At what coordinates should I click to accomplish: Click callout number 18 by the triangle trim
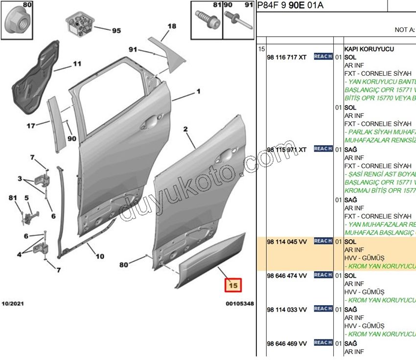(x=171, y=26)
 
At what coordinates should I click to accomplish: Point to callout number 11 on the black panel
(x=77, y=64)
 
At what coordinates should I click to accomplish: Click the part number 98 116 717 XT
(x=287, y=57)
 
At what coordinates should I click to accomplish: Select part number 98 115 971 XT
(x=287, y=149)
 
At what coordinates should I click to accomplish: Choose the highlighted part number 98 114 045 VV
(x=287, y=242)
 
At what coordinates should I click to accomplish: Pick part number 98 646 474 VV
(x=287, y=276)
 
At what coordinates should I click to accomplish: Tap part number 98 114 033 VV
(x=287, y=309)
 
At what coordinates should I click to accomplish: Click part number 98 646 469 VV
(x=287, y=343)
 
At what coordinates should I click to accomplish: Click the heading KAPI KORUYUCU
(x=369, y=49)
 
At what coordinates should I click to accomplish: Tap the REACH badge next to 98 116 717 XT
(x=323, y=57)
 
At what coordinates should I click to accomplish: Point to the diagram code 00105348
(x=240, y=304)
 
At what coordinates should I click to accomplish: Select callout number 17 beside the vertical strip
(x=31, y=126)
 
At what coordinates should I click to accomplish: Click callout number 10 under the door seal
(x=99, y=256)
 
